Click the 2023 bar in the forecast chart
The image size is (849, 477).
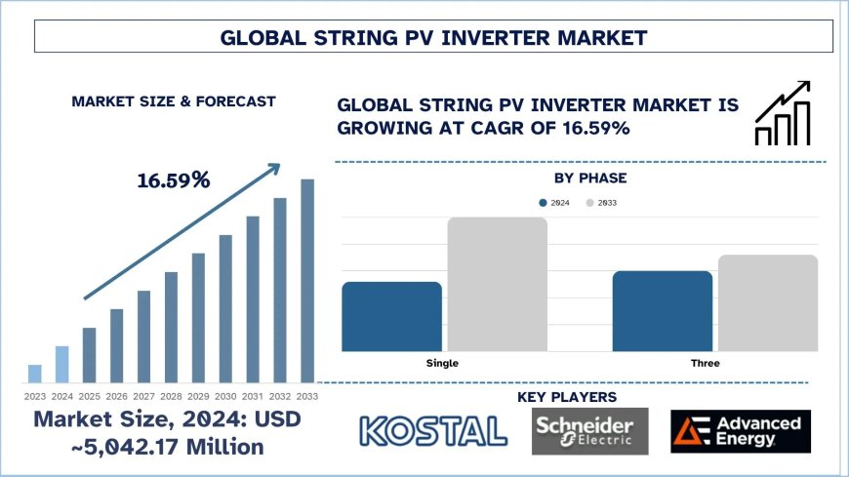pyautogui.click(x=35, y=374)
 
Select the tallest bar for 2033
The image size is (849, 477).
pyautogui.click(x=307, y=281)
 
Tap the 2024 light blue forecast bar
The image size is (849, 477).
pyautogui.click(x=62, y=364)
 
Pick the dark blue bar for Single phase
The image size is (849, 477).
pyautogui.click(x=392, y=316)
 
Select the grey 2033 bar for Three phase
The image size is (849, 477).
pyautogui.click(x=767, y=302)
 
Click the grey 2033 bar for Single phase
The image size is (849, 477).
pyautogui.click(x=497, y=284)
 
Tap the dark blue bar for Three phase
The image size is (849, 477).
pyautogui.click(x=663, y=310)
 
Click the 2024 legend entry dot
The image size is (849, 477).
pyautogui.click(x=543, y=203)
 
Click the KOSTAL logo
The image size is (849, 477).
pyautogui.click(x=433, y=430)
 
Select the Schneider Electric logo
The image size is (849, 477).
pyautogui.click(x=583, y=430)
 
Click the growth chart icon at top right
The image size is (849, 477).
pyautogui.click(x=783, y=113)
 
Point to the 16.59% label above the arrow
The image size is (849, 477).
pyautogui.click(x=173, y=180)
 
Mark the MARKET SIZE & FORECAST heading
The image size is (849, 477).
pyautogui.click(x=173, y=101)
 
